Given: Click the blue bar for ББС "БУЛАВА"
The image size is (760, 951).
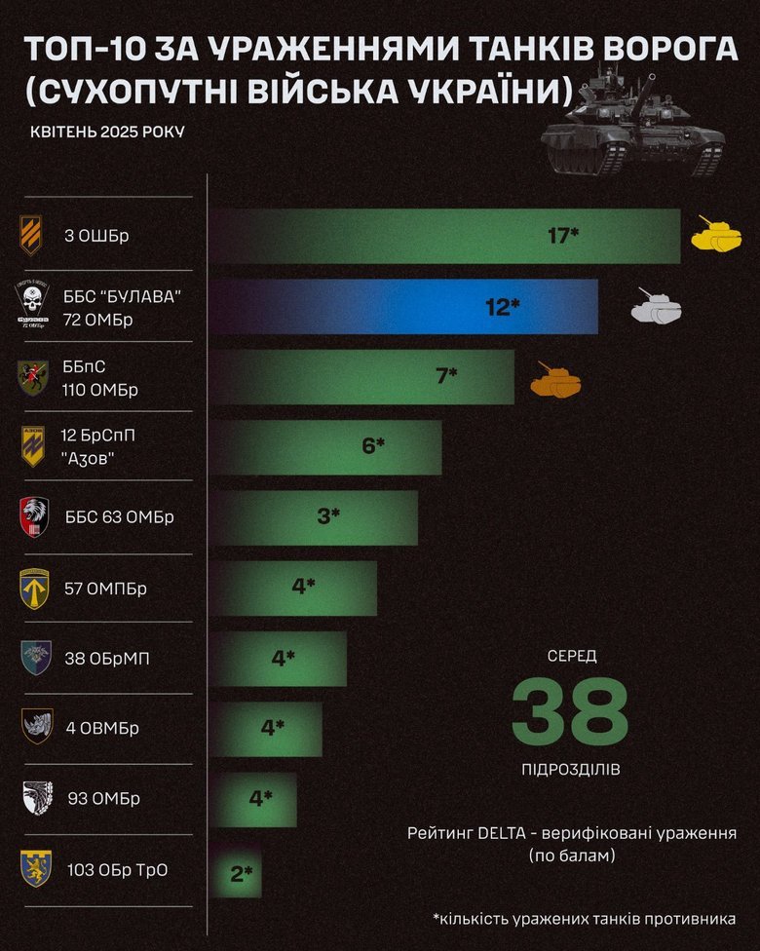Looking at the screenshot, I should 404,306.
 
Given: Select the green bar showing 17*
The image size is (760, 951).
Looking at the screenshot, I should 446,236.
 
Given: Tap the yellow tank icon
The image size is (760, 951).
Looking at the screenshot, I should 716,235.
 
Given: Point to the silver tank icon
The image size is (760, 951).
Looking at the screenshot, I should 657,306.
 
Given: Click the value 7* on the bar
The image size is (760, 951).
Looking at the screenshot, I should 447,375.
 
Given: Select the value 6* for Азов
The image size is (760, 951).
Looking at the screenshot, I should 373,446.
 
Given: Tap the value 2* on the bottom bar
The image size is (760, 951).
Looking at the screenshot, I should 242,874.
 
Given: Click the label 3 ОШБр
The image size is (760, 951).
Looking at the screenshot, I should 97,236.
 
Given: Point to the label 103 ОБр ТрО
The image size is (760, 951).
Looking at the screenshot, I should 118,870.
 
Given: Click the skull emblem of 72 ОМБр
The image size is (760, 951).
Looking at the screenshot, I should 33,306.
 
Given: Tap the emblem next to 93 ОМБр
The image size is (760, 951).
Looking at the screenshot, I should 35,799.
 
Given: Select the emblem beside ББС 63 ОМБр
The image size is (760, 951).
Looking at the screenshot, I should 34,516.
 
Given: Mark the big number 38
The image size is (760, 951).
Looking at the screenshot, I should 570,711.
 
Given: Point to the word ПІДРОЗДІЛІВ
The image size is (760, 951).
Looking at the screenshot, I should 571,770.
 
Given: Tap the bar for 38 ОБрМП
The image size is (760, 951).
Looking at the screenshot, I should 278,658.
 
